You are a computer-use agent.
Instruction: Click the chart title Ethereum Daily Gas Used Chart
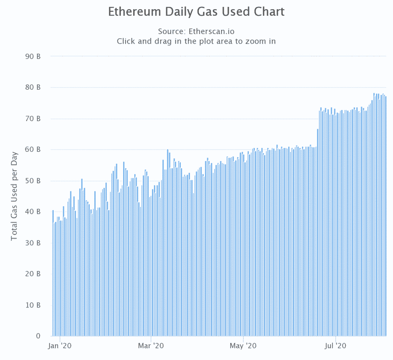[x=196, y=12]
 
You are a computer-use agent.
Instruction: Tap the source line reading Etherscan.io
[x=196, y=31]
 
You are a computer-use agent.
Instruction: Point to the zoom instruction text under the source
[x=196, y=41]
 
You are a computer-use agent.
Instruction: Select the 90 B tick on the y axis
[x=34, y=56]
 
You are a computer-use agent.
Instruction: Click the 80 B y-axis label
[x=34, y=87]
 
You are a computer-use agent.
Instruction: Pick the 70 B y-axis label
[x=34, y=118]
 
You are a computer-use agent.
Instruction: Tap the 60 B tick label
[x=34, y=150]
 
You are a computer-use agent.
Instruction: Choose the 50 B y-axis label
[x=34, y=181]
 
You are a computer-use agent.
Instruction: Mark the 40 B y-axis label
[x=34, y=212]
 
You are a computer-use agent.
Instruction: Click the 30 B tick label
[x=34, y=243]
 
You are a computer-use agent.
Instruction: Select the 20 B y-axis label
[x=34, y=274]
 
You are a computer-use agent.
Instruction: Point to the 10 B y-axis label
[x=34, y=305]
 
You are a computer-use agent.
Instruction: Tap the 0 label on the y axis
[x=38, y=336]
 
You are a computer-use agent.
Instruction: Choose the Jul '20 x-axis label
[x=336, y=346]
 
